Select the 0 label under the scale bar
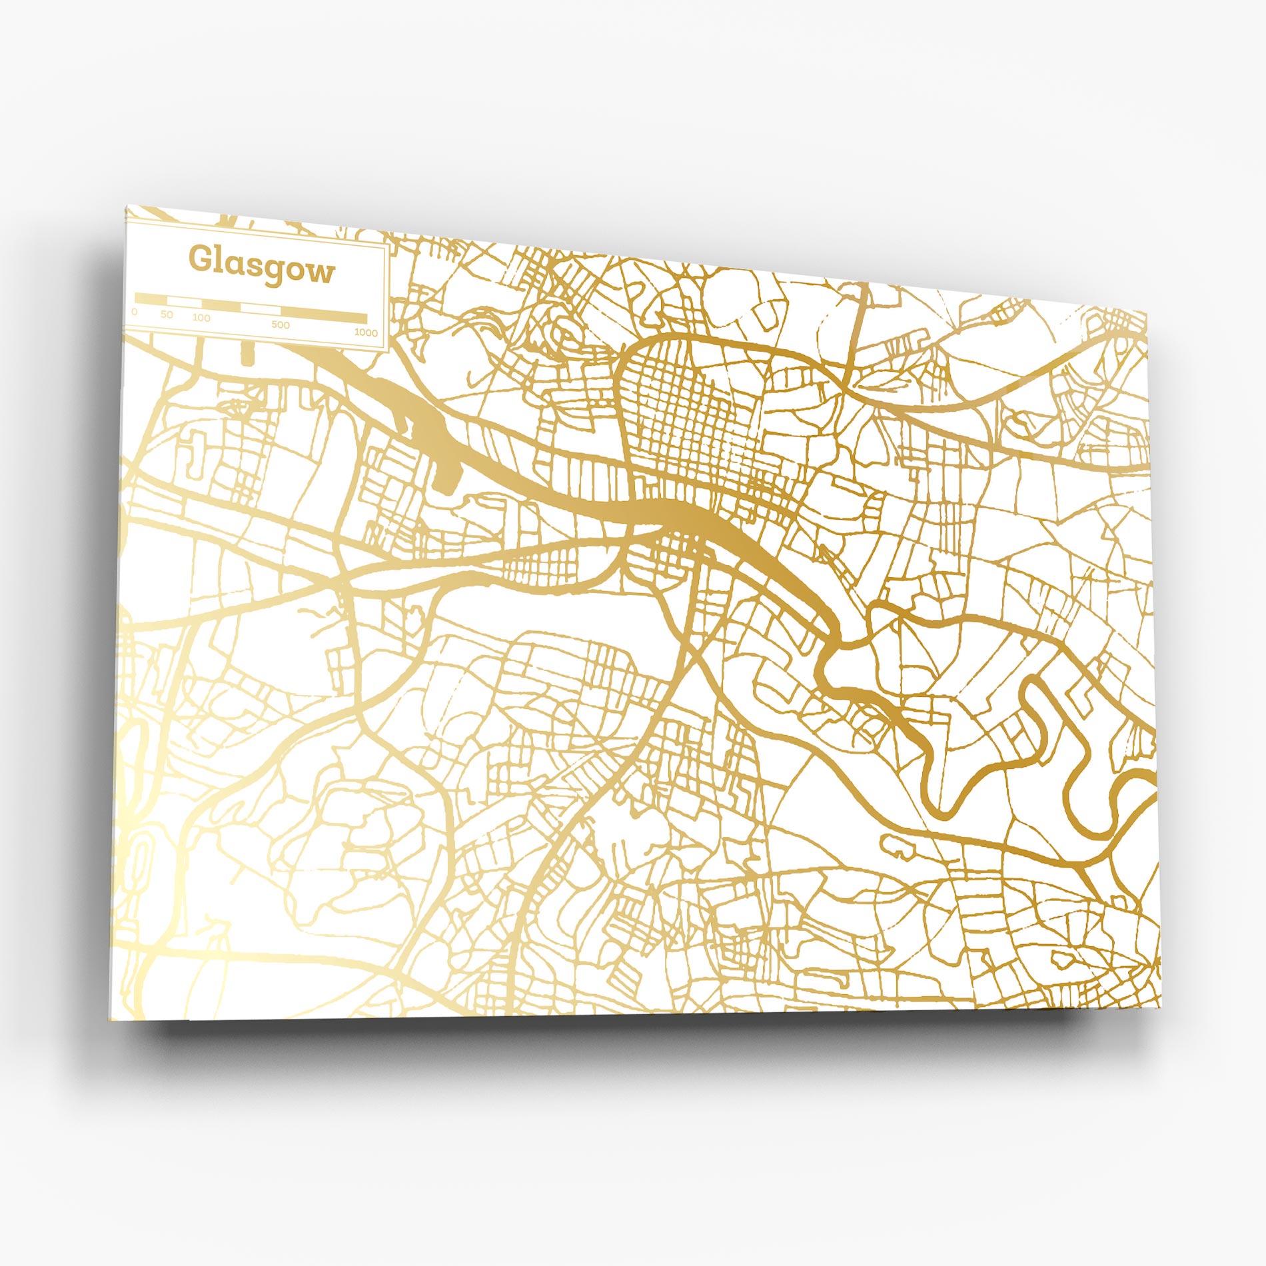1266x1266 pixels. click(x=135, y=312)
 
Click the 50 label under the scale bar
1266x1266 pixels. click(x=167, y=315)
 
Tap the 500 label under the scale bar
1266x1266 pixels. click(x=281, y=325)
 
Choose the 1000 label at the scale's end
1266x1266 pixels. click(x=366, y=332)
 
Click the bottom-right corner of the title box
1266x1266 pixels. click(x=388, y=349)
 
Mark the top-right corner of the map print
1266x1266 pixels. click(x=1147, y=309)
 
